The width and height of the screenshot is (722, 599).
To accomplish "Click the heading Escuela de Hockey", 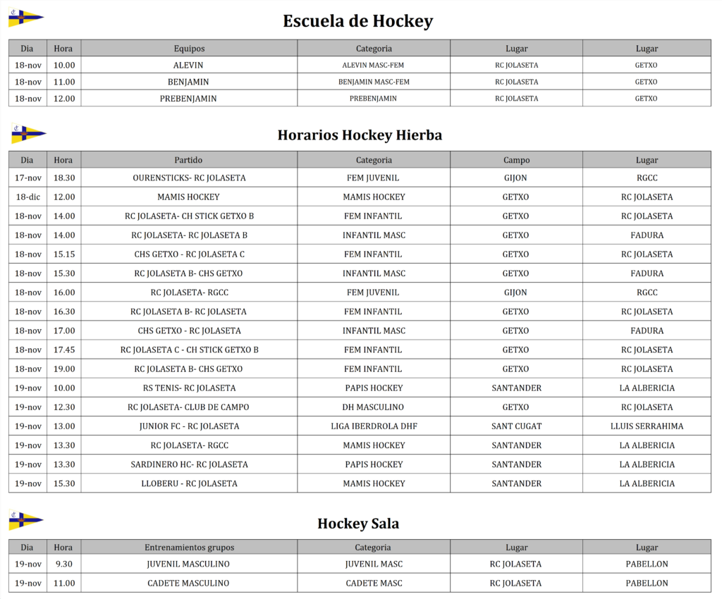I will (x=357, y=21).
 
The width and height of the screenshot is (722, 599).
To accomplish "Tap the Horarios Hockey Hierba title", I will (x=360, y=135).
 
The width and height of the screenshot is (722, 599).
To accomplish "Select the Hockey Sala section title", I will (x=358, y=523).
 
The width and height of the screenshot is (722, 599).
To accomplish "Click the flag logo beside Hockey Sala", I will (x=26, y=521).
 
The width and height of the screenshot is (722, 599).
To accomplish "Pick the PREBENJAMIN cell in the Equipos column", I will (x=188, y=99).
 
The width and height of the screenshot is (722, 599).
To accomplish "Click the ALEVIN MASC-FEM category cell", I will (x=373, y=66).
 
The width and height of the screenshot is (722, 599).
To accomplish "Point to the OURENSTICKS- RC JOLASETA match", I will (x=189, y=178).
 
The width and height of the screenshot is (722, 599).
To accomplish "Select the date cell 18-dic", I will (x=27, y=197).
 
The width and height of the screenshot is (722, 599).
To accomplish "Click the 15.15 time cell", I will (x=63, y=254).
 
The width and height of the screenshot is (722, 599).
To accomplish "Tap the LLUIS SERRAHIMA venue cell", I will (x=647, y=426).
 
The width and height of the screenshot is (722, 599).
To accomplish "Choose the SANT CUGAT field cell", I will (x=516, y=426).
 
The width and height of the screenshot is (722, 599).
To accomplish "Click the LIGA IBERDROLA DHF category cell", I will (x=374, y=426).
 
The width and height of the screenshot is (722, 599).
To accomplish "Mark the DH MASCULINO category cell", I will (x=374, y=407).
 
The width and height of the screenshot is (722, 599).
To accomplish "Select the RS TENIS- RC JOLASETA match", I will (x=189, y=388).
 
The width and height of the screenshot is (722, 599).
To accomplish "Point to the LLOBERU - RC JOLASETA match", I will (x=189, y=483).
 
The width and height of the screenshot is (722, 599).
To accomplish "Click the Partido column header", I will (x=188, y=160).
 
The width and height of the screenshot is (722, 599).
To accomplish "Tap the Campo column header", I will (x=516, y=160).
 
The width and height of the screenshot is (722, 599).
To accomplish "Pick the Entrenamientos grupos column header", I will (x=189, y=547).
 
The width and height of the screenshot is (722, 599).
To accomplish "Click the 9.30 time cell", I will (x=63, y=564).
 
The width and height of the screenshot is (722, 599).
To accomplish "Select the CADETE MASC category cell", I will (x=374, y=583).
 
